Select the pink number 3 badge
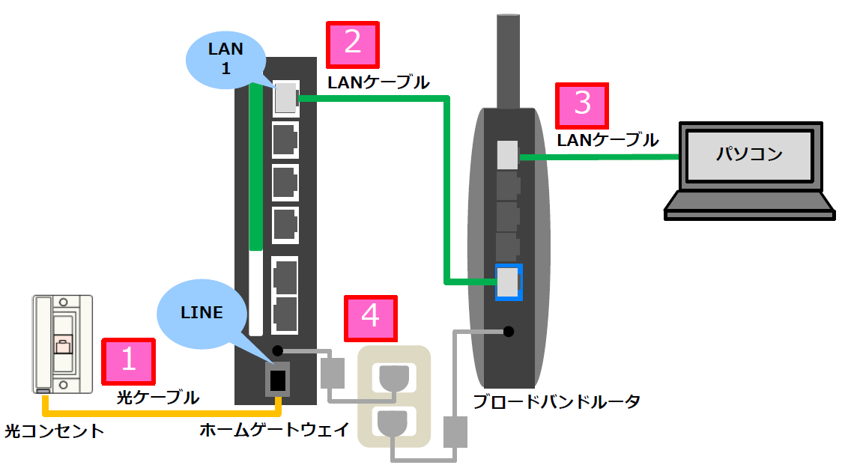tap(581, 105)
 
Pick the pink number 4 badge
tap(370, 318)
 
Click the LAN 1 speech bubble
tap(225, 61)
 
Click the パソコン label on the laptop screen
tap(748, 155)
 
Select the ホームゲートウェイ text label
tap(274, 430)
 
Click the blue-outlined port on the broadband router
tap(509, 282)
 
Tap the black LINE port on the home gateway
tap(278, 380)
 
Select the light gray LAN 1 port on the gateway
tap(285, 98)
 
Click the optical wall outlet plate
tap(62, 343)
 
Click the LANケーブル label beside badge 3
tap(608, 139)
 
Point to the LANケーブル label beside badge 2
tap(378, 82)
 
